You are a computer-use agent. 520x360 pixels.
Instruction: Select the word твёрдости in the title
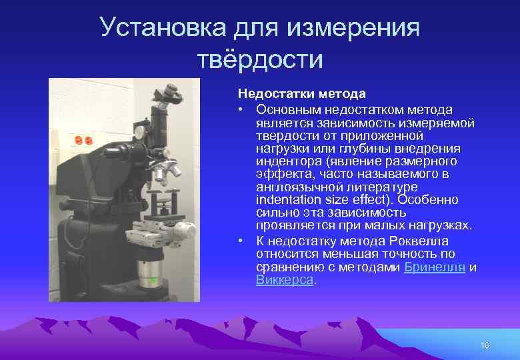[x=260, y=60]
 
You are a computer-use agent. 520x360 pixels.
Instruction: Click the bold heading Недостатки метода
[x=301, y=94]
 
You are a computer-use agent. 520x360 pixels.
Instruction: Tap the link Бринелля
[x=435, y=267]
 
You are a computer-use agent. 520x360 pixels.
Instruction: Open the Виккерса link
[x=284, y=280]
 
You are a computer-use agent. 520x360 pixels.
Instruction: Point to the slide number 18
[x=484, y=345]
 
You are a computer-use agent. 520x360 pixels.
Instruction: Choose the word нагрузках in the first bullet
[x=443, y=226]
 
